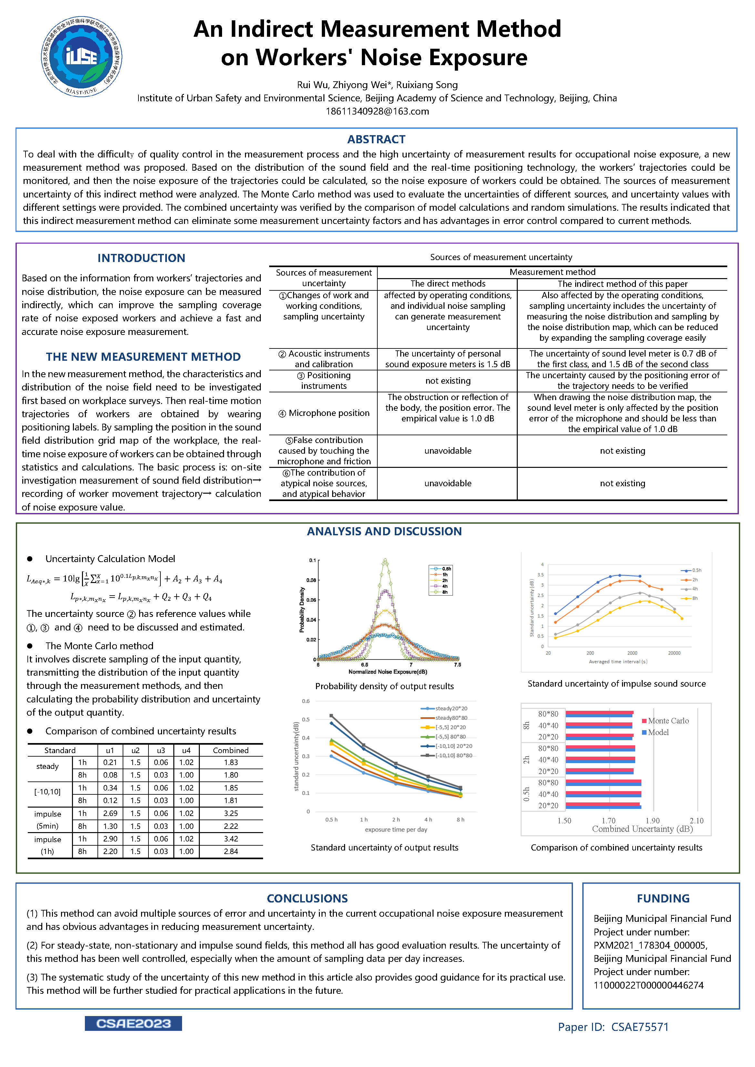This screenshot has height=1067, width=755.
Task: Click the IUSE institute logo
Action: tap(81, 57)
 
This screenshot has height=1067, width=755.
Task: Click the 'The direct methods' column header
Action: tap(448, 284)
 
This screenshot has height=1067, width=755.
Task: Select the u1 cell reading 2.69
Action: tap(110, 813)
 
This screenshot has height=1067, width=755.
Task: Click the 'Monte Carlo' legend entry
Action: tap(668, 721)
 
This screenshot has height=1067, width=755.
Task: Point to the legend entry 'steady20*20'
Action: tap(451, 708)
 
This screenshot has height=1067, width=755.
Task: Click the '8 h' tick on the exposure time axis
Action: tap(460, 819)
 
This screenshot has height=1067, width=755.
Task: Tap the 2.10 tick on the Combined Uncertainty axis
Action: tap(697, 821)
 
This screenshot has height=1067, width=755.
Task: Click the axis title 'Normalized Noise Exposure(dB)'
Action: tap(388, 671)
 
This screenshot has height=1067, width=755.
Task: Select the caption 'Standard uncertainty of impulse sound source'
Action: tap(617, 684)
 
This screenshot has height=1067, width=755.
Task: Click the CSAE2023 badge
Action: tap(133, 1023)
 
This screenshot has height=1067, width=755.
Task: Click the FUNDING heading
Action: tap(663, 898)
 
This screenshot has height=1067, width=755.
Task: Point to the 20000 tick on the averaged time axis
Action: tap(674, 653)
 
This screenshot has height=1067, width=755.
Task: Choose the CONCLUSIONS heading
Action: tap(307, 898)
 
